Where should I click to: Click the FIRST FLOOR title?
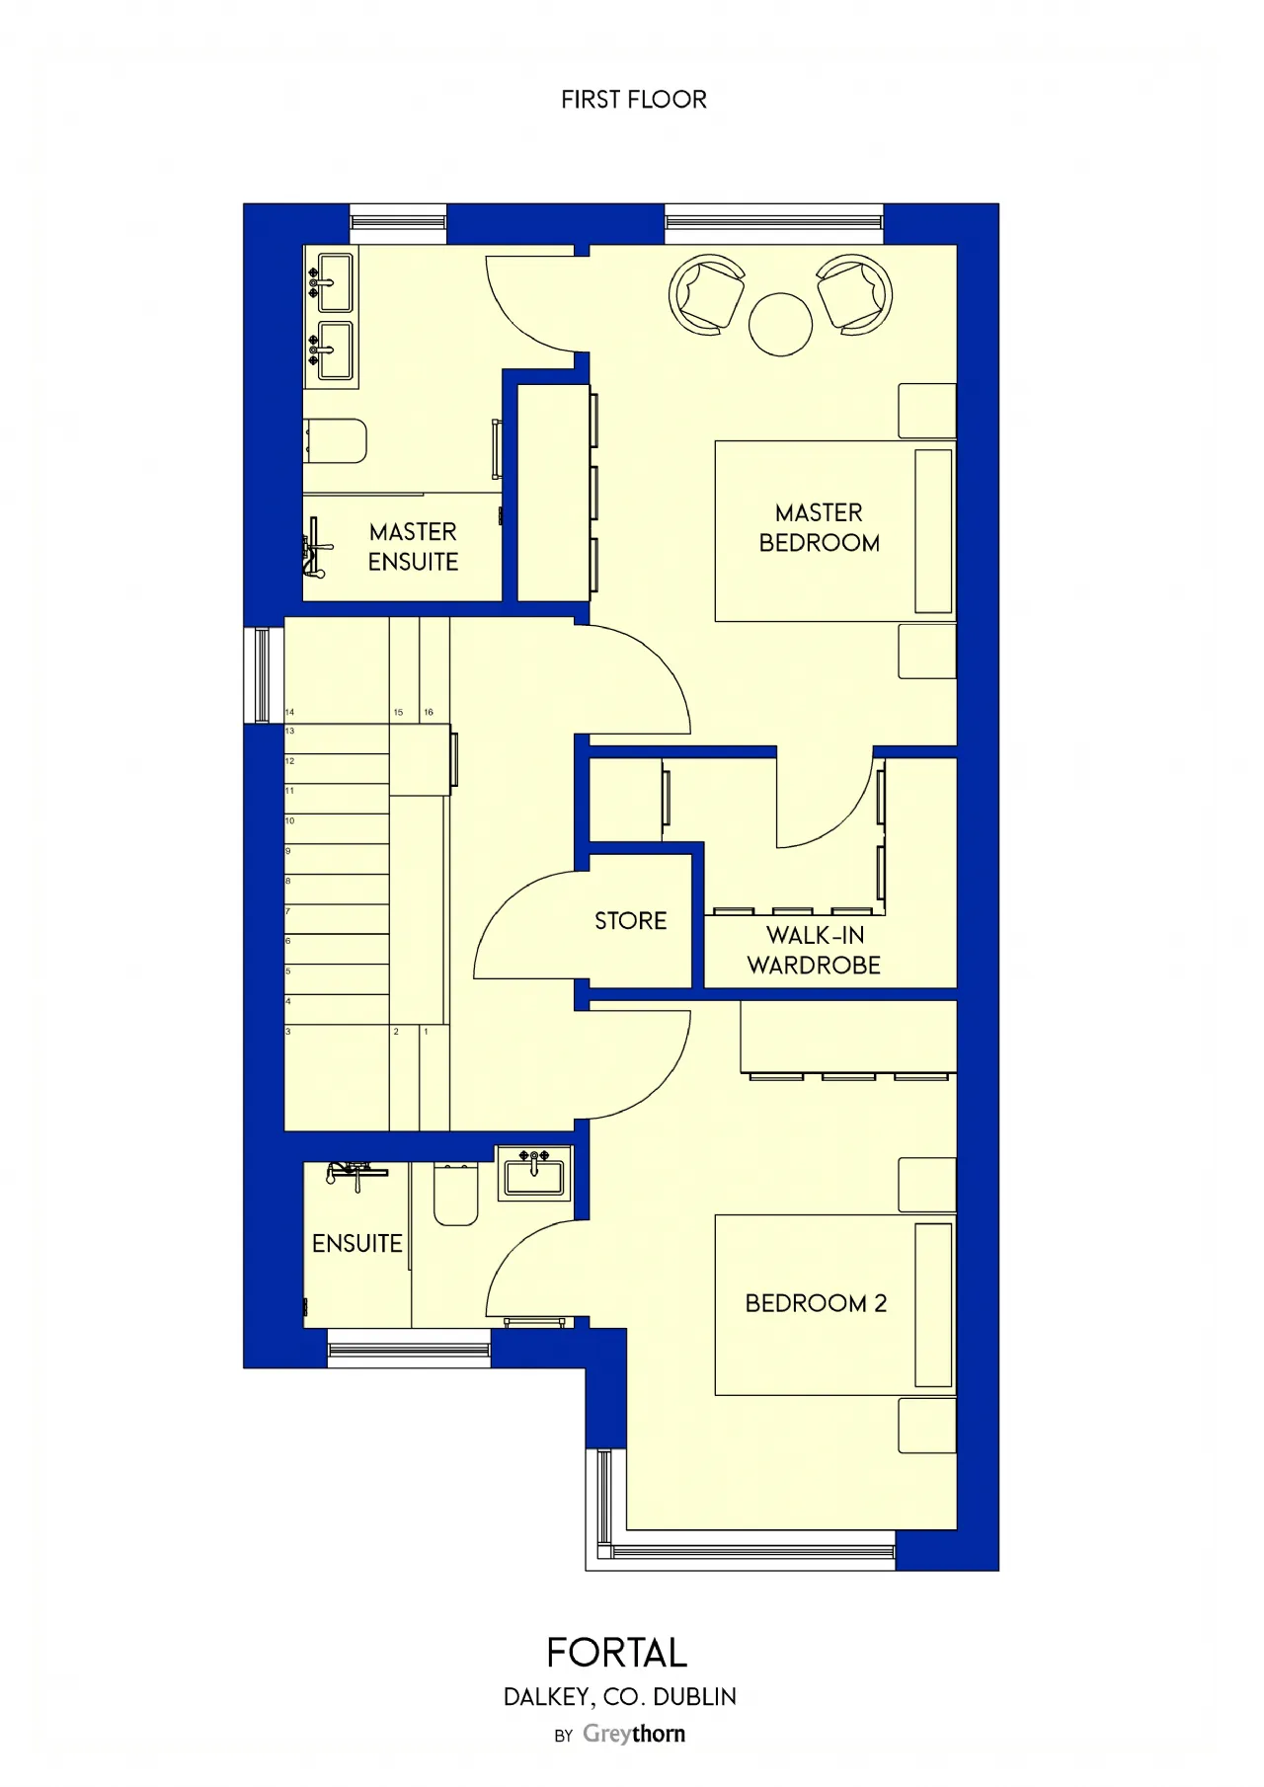point(634,100)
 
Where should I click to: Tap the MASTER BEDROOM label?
point(819,527)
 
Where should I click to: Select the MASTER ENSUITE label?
point(413,547)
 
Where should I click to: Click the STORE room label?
point(630,921)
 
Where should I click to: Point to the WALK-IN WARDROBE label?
point(814,950)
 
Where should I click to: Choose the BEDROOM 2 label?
point(816,1303)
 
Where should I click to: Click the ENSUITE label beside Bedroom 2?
point(356,1243)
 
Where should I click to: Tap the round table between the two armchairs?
point(780,324)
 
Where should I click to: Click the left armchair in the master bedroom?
point(706,293)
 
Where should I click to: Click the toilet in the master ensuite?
point(336,440)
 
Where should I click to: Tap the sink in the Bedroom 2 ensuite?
point(534,1173)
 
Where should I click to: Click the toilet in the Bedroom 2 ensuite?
point(456,1194)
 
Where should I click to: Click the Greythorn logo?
point(634,1734)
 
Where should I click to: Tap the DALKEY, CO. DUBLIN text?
point(620,1697)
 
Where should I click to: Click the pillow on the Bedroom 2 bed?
point(933,1305)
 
